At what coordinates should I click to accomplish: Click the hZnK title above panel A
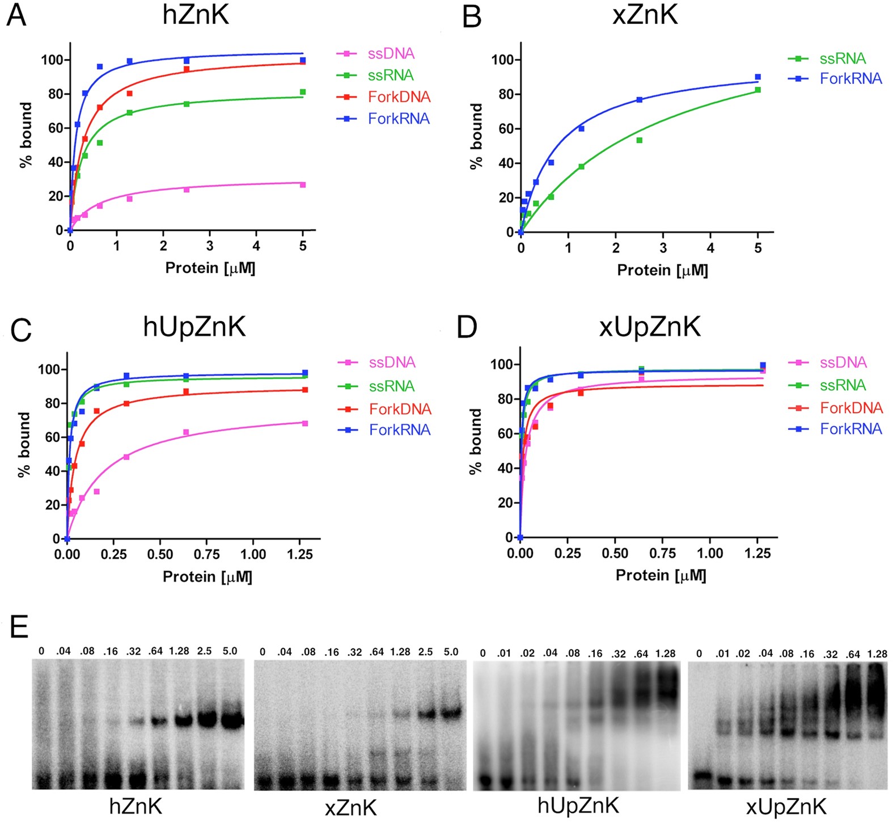point(196,15)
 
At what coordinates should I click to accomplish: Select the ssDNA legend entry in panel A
point(391,54)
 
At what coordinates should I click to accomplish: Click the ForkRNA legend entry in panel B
point(850,79)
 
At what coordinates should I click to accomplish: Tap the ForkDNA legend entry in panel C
point(400,409)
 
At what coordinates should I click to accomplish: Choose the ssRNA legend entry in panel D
point(843,386)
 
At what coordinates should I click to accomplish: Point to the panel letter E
point(19,627)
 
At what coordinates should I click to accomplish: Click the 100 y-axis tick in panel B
point(502,60)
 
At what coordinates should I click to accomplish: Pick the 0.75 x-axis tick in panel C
point(207,555)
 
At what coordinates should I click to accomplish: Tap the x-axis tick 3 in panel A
point(210,246)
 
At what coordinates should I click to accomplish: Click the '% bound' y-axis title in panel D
point(476,441)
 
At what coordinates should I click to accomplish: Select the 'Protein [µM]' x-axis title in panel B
point(662,271)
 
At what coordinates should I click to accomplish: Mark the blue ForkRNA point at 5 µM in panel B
point(757,77)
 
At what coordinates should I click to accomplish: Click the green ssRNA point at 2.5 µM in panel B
point(640,140)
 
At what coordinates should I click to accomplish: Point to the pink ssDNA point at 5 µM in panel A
point(303,185)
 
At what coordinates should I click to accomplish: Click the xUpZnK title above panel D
point(650,327)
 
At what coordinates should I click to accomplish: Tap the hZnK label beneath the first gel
point(136,806)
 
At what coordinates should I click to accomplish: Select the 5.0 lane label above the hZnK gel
point(230,651)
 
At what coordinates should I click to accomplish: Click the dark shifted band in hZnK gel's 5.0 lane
point(231,721)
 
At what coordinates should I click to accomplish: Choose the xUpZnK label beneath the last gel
point(786,807)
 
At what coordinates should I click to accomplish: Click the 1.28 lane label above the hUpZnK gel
point(665,654)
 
